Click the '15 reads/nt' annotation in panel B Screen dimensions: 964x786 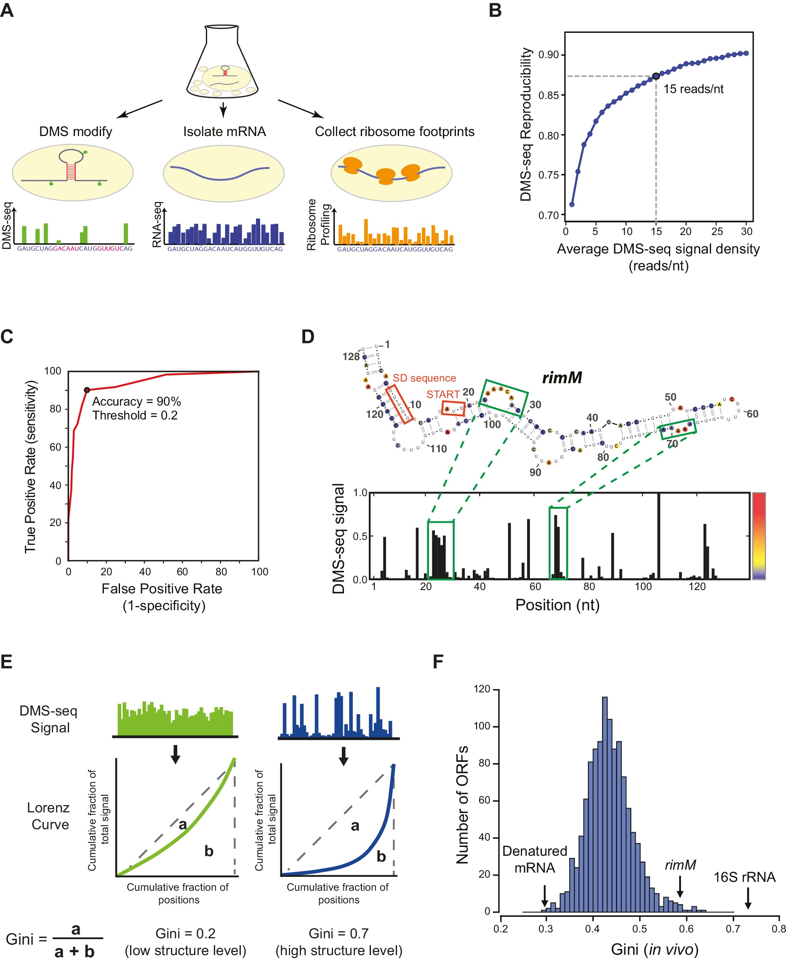693,89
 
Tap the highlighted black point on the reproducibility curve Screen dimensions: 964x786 655,76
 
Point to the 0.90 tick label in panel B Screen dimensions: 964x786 548,55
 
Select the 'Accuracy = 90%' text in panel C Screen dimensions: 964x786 136,401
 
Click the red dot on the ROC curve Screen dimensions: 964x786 87,390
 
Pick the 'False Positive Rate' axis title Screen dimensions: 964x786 162,588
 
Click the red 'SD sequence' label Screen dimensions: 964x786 424,378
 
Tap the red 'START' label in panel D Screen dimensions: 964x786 442,394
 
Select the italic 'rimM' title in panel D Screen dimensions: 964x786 562,377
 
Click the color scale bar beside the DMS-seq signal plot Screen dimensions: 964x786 758,536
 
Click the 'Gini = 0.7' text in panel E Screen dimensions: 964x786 338,933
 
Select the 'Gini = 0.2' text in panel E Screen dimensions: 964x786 185,933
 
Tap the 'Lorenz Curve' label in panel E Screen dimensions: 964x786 48,816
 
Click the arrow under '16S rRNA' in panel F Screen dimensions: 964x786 748,897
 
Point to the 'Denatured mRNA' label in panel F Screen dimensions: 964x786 534,859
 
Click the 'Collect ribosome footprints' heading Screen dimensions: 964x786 394,131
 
